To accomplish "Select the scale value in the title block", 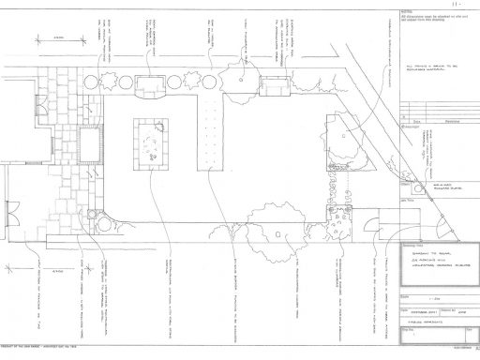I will pyautogui.click(x=414, y=292).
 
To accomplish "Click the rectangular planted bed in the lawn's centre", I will pyautogui.click(x=151, y=142).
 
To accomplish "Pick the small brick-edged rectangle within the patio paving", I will pyautogui.click(x=89, y=145).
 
